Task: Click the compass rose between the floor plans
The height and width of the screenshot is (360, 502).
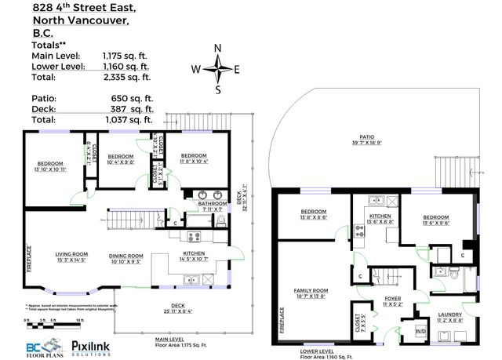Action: pyautogui.click(x=220, y=69)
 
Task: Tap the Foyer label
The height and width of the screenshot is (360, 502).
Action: pyautogui.click(x=391, y=300)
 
